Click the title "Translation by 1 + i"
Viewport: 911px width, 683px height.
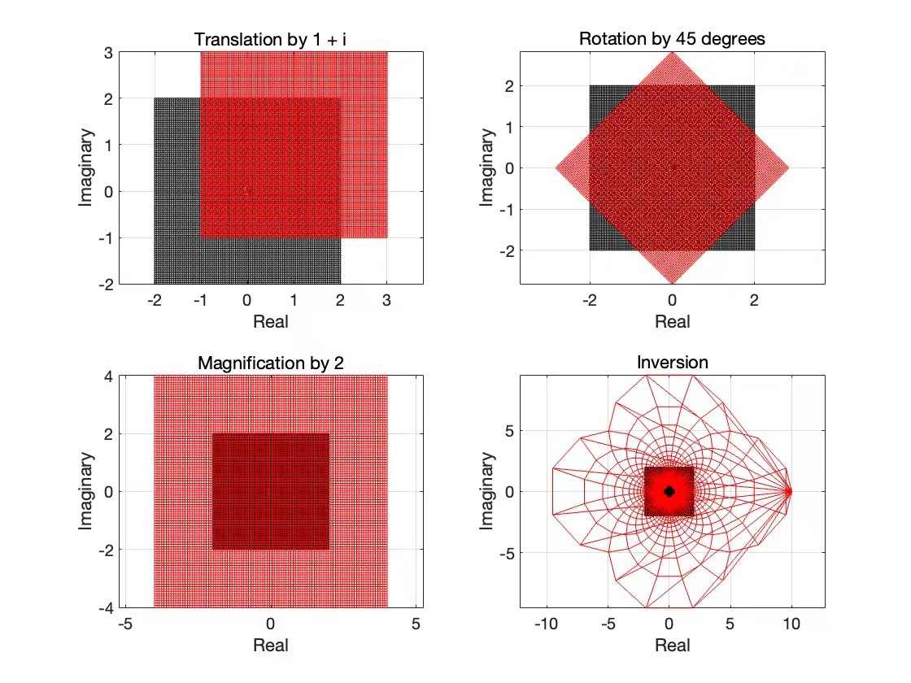click(x=270, y=39)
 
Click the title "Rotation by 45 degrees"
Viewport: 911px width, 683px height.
click(x=672, y=39)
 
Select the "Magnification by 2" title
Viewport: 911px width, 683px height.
click(x=270, y=363)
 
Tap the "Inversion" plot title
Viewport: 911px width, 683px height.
click(x=672, y=363)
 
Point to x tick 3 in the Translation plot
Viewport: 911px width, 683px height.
click(x=387, y=300)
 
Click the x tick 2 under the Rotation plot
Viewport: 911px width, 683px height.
click(x=754, y=300)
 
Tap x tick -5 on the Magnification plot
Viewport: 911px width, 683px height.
click(x=125, y=624)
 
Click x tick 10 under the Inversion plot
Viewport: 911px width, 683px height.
click(x=791, y=624)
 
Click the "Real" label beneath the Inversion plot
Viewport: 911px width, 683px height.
click(x=672, y=645)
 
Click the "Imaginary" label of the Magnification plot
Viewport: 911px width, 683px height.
click(x=85, y=491)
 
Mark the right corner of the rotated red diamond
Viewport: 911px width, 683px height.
click(x=788, y=168)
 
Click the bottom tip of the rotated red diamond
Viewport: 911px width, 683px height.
click(x=672, y=283)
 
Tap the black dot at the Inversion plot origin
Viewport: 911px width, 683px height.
click(x=669, y=491)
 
